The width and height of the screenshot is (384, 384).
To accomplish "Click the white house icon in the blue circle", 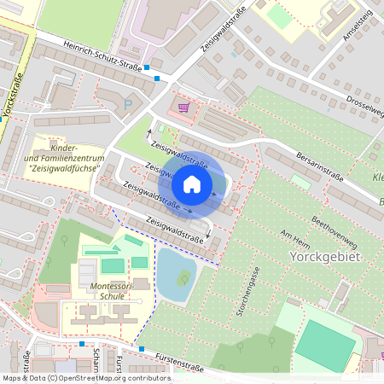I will (192, 184).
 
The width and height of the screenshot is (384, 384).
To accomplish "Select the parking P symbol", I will (129, 104).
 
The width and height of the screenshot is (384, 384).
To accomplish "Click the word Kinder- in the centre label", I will (64, 148).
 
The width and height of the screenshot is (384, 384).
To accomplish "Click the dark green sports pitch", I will (329, 346).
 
